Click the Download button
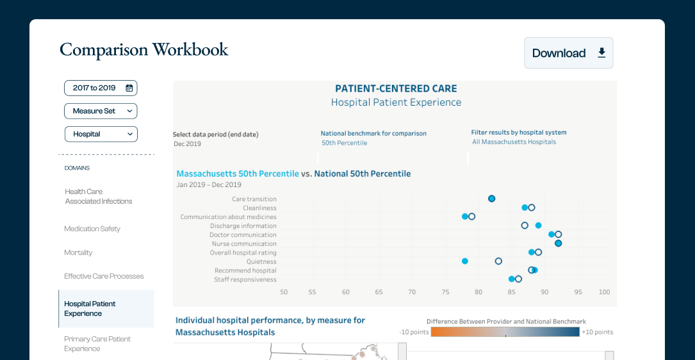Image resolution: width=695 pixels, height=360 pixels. click(568, 53)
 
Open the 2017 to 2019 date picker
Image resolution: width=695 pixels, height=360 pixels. click(101, 88)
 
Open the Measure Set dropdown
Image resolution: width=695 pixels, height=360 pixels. click(101, 111)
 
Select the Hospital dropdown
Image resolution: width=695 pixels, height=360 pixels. click(101, 134)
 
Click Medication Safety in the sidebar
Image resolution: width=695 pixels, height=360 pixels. click(92, 229)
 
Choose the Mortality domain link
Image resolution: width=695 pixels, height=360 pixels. click(78, 252)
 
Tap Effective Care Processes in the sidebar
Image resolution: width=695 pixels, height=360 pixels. click(104, 276)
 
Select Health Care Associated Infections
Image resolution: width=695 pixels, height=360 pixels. click(98, 196)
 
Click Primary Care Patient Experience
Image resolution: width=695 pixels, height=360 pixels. click(97, 344)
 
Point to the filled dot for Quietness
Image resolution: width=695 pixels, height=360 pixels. click(465, 261)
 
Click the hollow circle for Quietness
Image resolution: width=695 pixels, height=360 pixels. click(498, 261)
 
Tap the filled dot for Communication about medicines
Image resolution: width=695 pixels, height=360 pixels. click(465, 217)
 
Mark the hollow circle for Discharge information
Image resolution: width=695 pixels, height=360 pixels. click(525, 225)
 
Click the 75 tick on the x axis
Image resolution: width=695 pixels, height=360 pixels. click(445, 292)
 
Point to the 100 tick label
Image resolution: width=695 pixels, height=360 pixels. click(604, 292)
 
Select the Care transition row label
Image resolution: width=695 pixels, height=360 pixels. click(254, 199)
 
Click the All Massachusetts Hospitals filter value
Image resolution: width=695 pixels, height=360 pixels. click(514, 142)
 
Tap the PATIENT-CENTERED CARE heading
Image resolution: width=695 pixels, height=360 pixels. click(396, 89)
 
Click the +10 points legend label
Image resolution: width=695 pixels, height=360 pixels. click(597, 332)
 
